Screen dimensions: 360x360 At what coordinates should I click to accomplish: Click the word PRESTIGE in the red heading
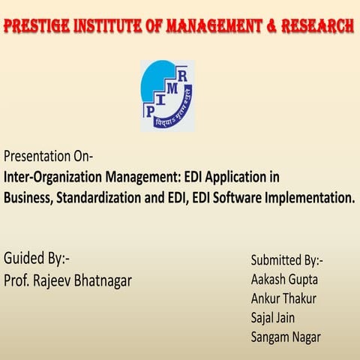pyautogui.click(x=37, y=27)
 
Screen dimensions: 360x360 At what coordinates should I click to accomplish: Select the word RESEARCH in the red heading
pyautogui.click(x=316, y=27)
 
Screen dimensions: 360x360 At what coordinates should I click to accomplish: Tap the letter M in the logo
pyautogui.click(x=172, y=88)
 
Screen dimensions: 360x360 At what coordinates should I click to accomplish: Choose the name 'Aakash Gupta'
pyautogui.click(x=283, y=279)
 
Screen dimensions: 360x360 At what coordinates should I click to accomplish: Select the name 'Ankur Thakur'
pyautogui.click(x=283, y=298)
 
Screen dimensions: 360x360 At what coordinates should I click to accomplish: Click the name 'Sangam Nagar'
pyautogui.click(x=286, y=337)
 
